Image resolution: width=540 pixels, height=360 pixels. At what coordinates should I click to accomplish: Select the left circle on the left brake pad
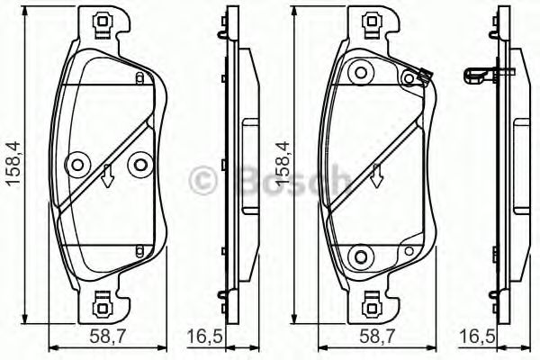76,164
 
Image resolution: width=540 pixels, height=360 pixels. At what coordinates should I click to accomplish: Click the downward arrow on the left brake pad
107,175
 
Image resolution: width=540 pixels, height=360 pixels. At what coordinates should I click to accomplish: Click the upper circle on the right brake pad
362,70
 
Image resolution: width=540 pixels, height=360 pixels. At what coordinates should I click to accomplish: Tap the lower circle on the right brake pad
362,256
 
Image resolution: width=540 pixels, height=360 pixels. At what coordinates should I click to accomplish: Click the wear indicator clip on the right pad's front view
421,79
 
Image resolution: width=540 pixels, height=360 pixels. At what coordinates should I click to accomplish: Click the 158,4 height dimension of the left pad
13,163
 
